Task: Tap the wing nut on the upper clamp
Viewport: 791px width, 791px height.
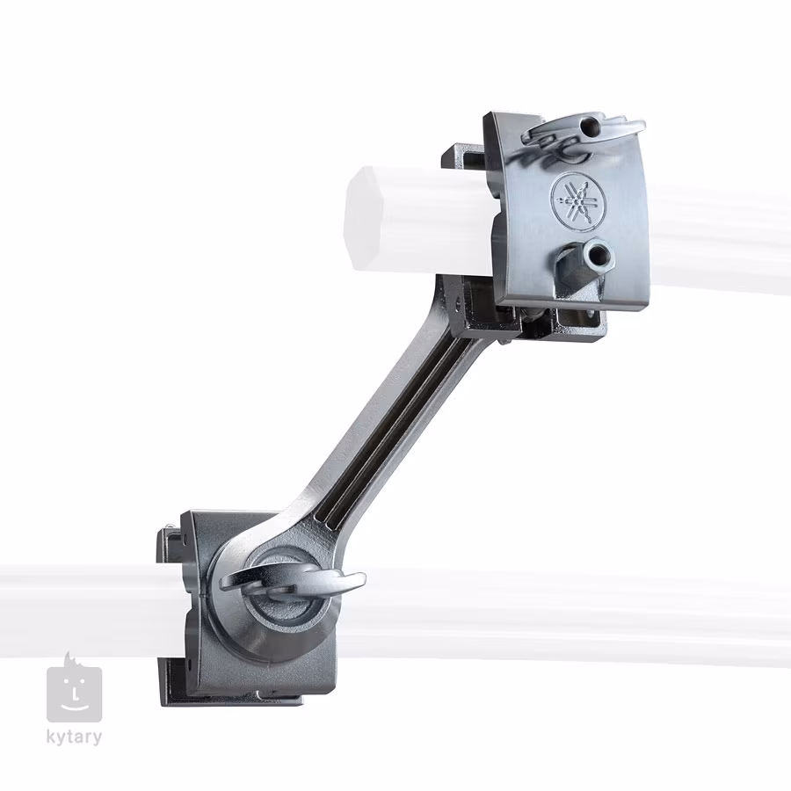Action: (583, 131)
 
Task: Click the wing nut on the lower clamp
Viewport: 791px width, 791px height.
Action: (292, 584)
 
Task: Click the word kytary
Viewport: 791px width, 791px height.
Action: (74, 737)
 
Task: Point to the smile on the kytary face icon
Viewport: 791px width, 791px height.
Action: (74, 705)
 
